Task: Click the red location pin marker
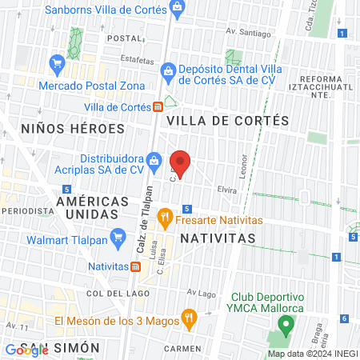click(181, 163)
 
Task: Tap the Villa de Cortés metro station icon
click(158, 106)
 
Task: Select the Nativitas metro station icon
click(135, 266)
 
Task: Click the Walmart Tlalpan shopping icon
click(119, 236)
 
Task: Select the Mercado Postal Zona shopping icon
click(57, 62)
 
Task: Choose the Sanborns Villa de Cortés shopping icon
click(178, 10)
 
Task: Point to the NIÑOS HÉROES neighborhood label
click(62, 128)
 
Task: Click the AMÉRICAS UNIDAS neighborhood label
click(99, 208)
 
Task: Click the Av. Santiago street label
click(244, 32)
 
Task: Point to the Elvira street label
click(227, 190)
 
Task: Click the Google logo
click(26, 350)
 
